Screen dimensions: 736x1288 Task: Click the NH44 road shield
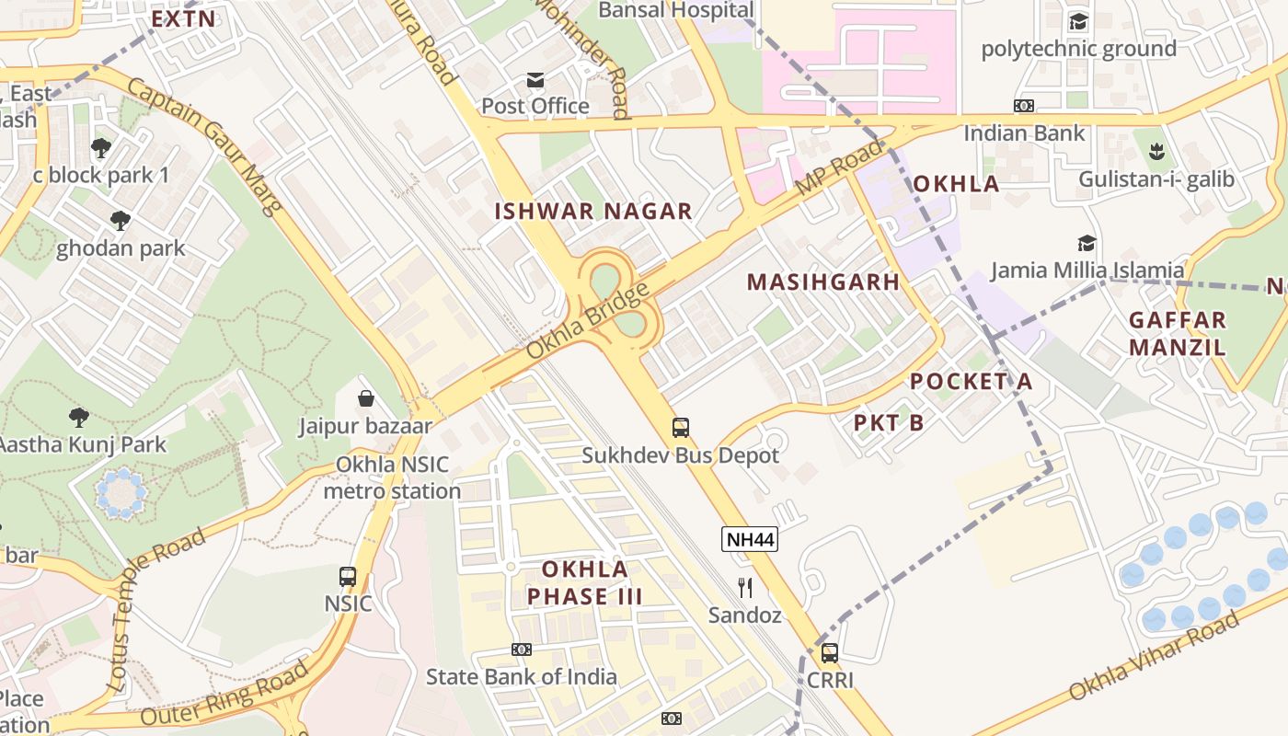[750, 540]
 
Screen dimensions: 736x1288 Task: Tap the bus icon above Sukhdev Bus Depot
[681, 427]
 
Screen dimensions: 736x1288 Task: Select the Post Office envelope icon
[535, 80]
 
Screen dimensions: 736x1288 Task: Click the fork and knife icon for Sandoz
[745, 587]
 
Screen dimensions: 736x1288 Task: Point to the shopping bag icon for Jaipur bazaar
[366, 398]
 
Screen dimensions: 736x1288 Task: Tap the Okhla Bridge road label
[589, 320]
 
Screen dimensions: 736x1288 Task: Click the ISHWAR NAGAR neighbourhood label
[593, 211]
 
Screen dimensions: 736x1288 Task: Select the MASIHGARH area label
[823, 282]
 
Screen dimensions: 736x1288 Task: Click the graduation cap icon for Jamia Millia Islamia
[1087, 243]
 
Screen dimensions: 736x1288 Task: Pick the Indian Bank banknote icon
[1024, 106]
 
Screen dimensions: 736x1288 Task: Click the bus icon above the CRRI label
[830, 653]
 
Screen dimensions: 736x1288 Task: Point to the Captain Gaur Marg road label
[204, 145]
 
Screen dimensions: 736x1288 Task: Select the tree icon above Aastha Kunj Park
[80, 417]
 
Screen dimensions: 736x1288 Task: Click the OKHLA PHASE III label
[585, 582]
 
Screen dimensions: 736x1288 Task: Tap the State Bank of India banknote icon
[522, 650]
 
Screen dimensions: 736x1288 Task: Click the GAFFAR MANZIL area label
[1178, 334]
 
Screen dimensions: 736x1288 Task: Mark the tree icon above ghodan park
[120, 220]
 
